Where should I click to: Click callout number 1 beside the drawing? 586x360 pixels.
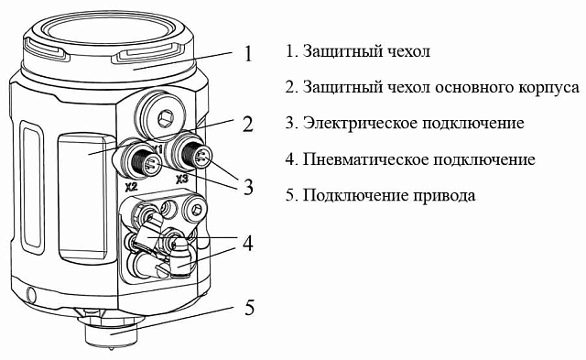[248, 53]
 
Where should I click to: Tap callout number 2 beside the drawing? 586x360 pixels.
[248, 124]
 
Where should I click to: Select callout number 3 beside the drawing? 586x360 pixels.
[248, 187]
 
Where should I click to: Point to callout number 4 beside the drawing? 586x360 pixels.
[248, 244]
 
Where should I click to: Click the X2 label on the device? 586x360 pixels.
[130, 184]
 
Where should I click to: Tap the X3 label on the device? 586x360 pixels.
[181, 180]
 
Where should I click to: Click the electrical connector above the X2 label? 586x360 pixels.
[143, 160]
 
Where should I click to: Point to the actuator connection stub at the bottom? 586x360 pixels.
[110, 332]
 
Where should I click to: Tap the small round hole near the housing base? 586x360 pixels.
[31, 293]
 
